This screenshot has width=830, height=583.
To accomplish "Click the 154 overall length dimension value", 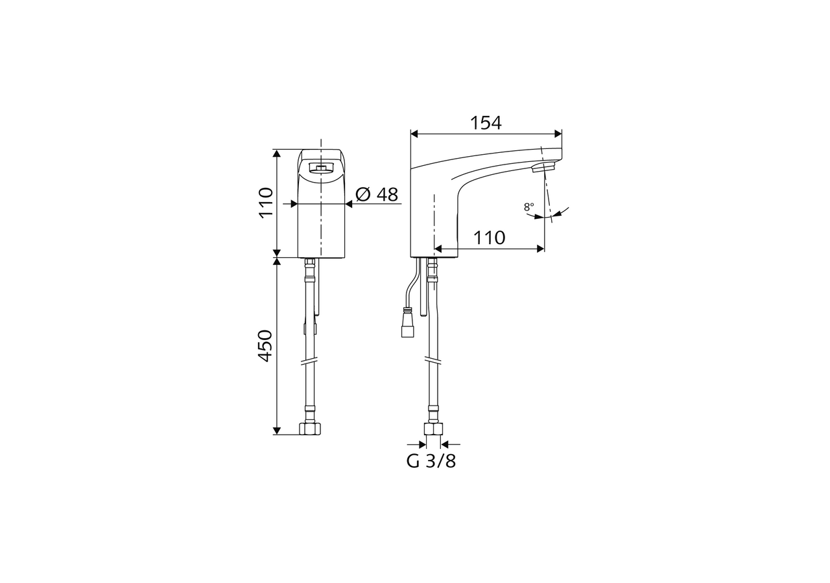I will point(486,122).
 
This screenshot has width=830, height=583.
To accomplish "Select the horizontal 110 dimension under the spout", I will point(489,238).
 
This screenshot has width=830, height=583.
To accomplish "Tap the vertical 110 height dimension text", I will point(266,202).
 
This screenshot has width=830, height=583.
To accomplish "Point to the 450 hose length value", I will point(266,345).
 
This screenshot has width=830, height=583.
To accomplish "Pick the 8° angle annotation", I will point(529,207).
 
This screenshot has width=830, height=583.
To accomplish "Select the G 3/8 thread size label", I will point(431,461).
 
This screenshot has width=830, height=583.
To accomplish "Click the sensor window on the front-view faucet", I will point(321,168).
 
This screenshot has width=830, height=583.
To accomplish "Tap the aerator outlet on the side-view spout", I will point(543,168).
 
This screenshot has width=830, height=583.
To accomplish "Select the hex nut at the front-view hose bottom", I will point(310,428).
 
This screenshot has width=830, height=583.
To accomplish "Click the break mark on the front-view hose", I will point(310,361).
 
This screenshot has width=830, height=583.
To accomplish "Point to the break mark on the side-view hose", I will point(433,360).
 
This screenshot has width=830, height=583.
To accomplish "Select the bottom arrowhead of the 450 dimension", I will point(277,430).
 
